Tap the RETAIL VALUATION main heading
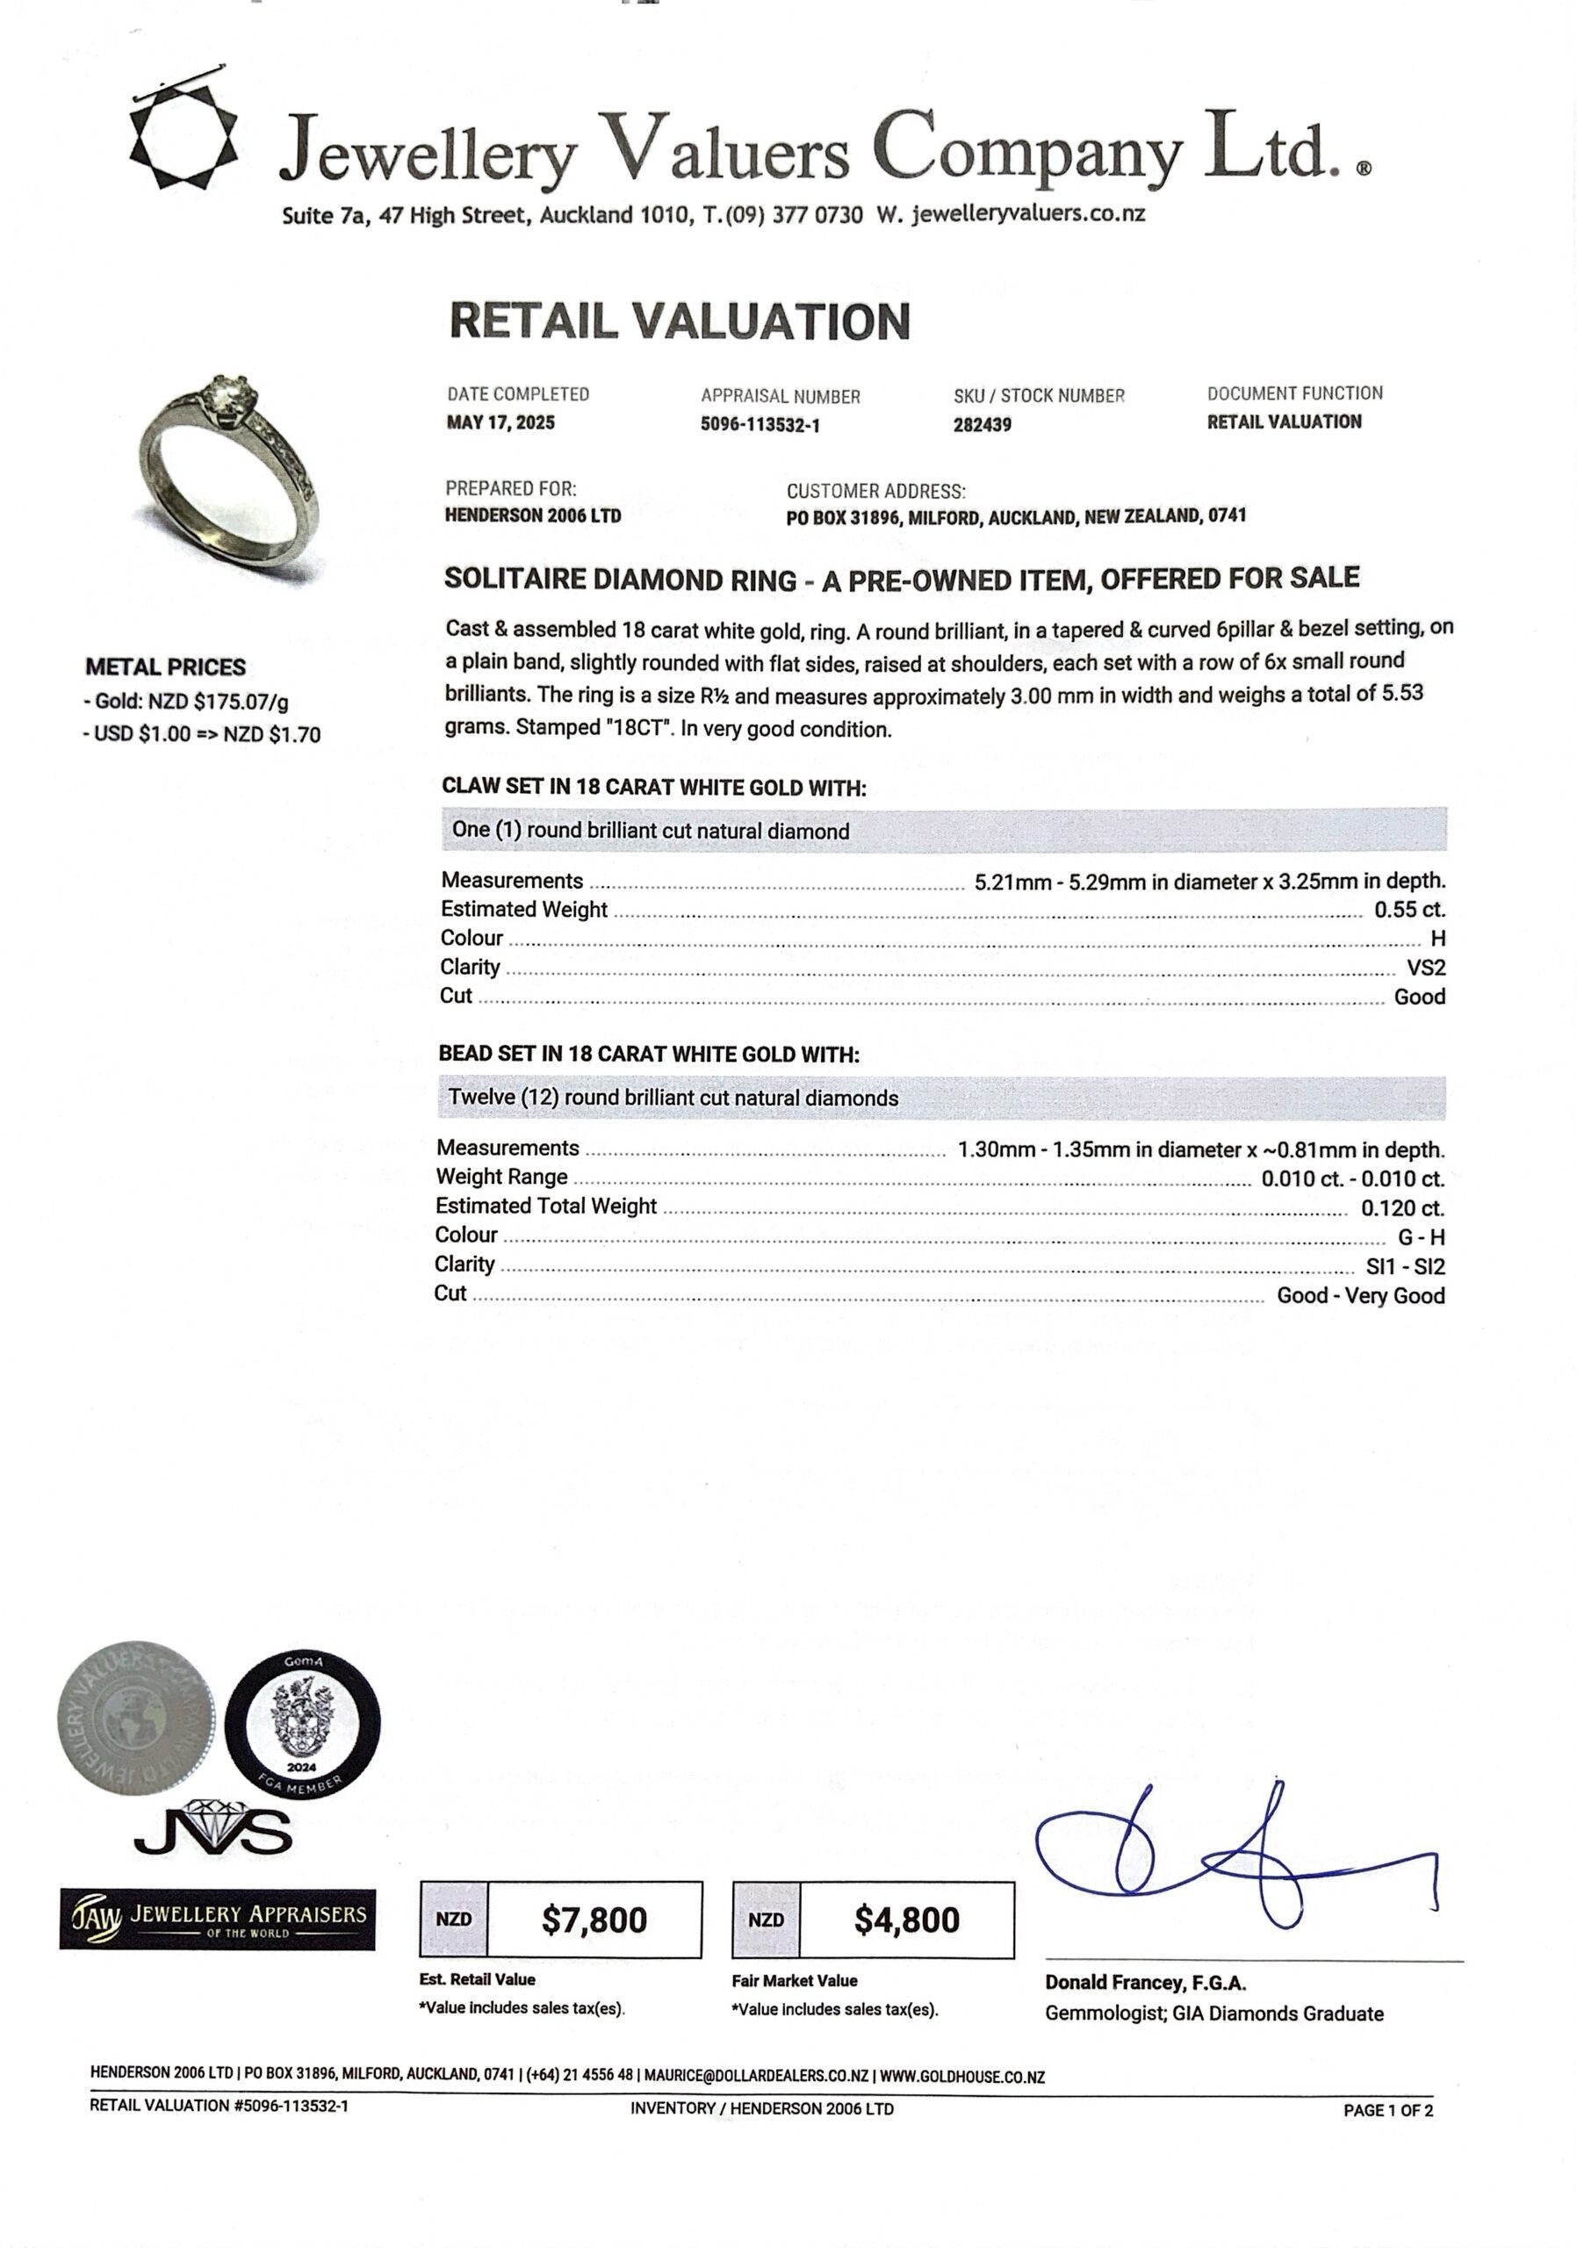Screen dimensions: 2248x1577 pos(680,322)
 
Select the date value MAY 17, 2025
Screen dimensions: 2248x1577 pos(500,423)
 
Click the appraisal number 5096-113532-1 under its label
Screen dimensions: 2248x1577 pos(760,425)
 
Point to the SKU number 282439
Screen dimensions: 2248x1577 pos(982,425)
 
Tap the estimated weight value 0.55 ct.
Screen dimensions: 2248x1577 pos(1408,910)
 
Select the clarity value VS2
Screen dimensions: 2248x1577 pos(1425,968)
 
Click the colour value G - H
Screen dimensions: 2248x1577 pos(1421,1237)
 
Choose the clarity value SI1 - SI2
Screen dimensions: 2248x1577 pos(1405,1267)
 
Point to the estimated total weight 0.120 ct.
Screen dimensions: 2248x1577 pos(1401,1208)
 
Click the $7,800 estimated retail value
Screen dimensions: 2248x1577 pos(594,1920)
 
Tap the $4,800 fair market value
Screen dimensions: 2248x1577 pos(906,1920)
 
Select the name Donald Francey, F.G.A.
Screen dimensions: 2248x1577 pos(1145,1983)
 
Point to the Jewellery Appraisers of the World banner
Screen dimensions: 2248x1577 pos(216,1918)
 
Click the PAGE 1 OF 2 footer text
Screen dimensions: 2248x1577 pos(1387,2110)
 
